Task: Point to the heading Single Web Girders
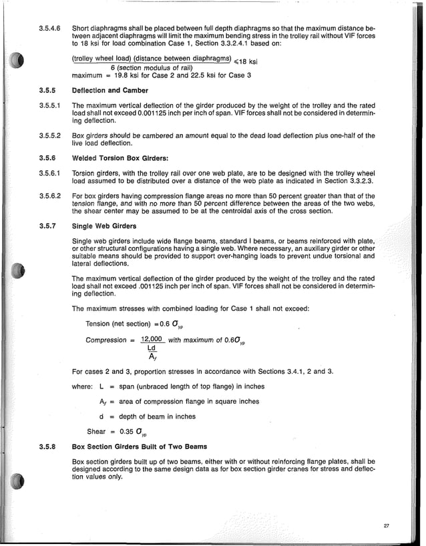tap(102, 226)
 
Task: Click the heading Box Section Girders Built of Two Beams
tap(139, 445)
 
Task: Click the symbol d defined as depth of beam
tap(101, 416)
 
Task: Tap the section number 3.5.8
tap(47, 445)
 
